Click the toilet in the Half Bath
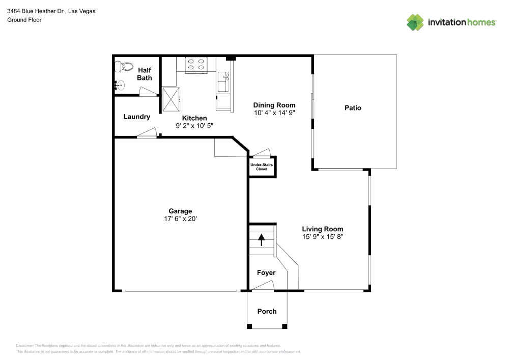[x=124, y=67]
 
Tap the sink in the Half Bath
[x=121, y=86]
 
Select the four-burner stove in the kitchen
[x=196, y=65]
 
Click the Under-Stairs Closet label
[x=262, y=167]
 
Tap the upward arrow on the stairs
[x=262, y=239]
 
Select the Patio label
[x=353, y=108]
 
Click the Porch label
[x=267, y=311]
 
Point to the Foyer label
[x=266, y=273]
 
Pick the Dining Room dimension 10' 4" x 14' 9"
[x=274, y=113]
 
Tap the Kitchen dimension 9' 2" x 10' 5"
[x=194, y=125]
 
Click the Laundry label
[x=137, y=117]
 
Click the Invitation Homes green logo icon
[x=415, y=22]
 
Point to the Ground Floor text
[x=24, y=20]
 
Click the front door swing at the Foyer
[x=263, y=288]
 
